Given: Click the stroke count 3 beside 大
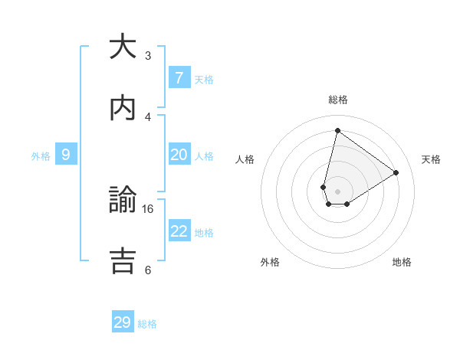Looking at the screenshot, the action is (x=148, y=55).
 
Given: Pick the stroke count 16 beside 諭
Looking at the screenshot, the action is (x=148, y=208).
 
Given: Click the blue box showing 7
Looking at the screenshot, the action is (x=179, y=77).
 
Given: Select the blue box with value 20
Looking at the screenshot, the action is (x=179, y=155).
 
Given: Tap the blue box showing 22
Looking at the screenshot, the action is (x=179, y=231).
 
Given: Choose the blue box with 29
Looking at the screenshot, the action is (x=123, y=322).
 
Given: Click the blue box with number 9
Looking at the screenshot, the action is (x=66, y=155).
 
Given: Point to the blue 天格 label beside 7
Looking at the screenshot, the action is (x=204, y=79).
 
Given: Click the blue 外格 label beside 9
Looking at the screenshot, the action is (x=41, y=156).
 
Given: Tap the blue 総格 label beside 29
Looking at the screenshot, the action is (x=147, y=324).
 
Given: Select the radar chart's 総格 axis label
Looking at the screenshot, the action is (x=338, y=100).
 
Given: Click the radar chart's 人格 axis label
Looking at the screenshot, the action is (x=245, y=159).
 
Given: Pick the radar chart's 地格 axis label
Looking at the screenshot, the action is (x=402, y=262).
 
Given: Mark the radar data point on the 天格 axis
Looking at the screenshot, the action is (x=396, y=172).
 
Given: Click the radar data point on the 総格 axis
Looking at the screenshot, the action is (x=337, y=130).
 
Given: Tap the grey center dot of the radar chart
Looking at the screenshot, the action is (x=337, y=191).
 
